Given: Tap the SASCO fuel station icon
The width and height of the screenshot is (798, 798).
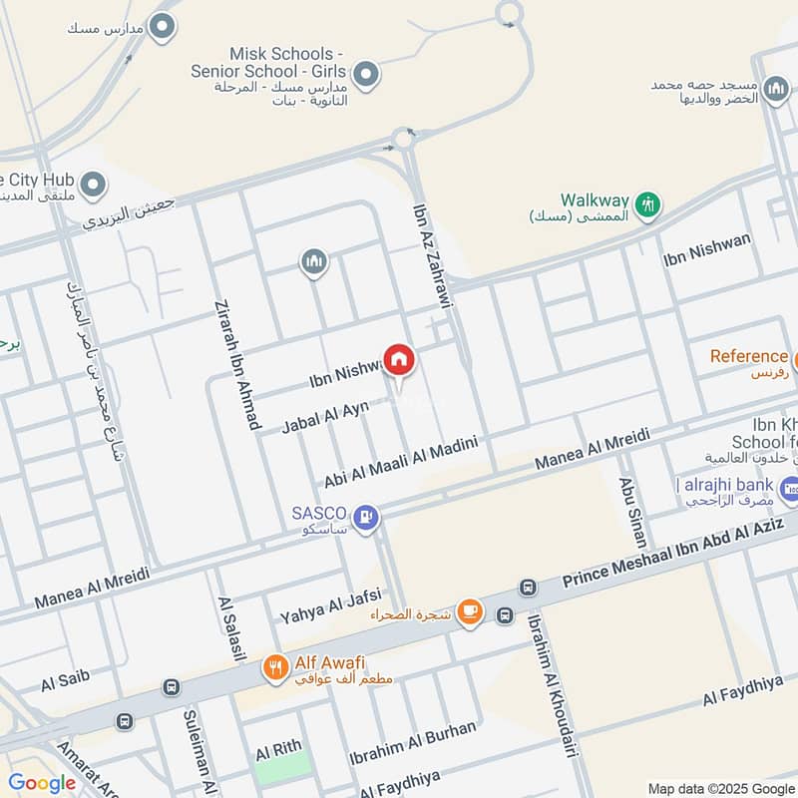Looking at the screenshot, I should coord(366,516).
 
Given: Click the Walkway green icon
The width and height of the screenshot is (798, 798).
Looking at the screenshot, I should coord(648,203).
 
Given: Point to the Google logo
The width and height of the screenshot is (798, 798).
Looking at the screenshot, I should coord(42,783).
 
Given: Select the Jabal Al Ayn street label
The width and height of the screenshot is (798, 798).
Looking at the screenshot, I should coord(325,416).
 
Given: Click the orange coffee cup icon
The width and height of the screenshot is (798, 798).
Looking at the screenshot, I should coord(470,612).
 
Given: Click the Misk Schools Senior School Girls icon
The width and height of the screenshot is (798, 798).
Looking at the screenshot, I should coord(366,73).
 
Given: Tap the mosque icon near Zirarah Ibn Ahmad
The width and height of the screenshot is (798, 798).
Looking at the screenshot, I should coord(314,262).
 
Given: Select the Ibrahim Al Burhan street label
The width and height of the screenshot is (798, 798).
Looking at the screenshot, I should coord(413,747).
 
